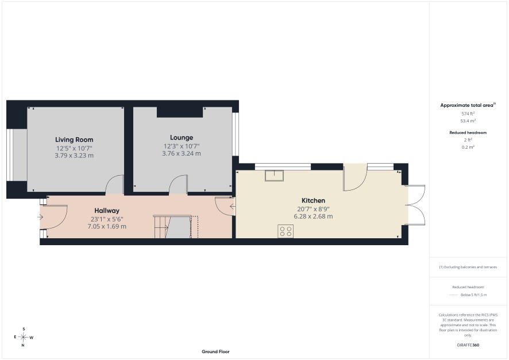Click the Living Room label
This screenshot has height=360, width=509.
(74, 140)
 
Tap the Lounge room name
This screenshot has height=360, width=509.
(182, 138)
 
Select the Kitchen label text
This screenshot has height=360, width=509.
(313, 200)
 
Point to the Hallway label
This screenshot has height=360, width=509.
(107, 211)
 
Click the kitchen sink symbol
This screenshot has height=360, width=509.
(274, 176)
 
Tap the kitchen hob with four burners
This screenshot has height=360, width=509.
(286, 231)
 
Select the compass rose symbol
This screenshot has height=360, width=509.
(24, 337)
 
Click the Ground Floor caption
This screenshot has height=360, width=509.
(215, 351)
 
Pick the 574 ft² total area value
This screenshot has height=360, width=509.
(468, 114)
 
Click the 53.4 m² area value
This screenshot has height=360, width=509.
(468, 121)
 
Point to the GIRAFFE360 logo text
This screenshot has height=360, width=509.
(468, 345)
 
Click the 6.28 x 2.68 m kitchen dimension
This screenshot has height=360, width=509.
(313, 216)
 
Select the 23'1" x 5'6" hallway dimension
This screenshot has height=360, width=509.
(107, 219)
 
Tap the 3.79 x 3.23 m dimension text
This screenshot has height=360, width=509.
(74, 156)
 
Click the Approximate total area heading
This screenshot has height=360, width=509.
(468, 105)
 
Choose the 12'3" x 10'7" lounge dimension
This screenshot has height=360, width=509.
(182, 146)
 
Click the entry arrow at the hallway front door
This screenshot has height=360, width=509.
(40, 217)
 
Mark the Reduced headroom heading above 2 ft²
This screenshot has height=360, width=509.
(468, 133)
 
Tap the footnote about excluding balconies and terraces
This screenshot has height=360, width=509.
(468, 267)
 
